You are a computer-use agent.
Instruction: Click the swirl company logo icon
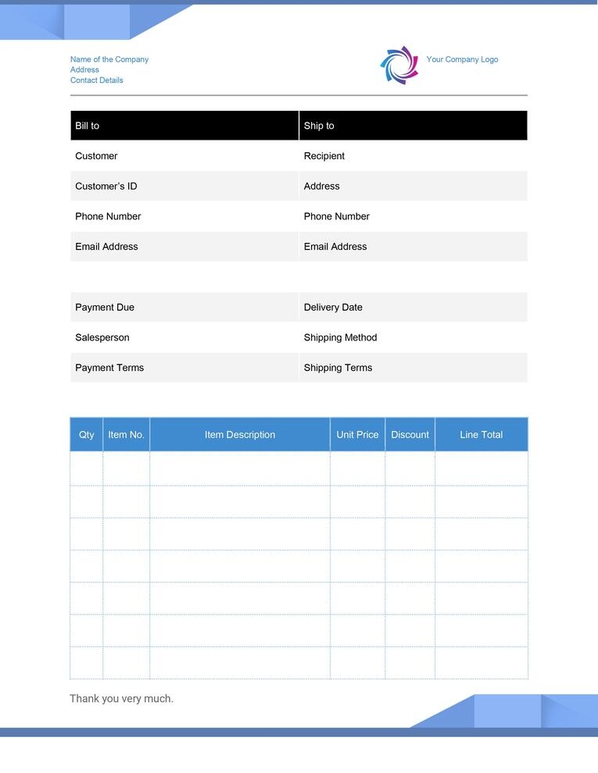coord(399,65)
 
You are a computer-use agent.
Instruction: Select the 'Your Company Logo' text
coord(462,59)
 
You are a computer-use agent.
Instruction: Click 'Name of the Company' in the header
coord(109,59)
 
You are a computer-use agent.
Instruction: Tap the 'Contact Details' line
coord(97,80)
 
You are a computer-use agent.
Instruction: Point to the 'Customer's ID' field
coord(106,186)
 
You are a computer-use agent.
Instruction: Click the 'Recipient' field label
coord(324,156)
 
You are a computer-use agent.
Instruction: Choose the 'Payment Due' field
coord(105,307)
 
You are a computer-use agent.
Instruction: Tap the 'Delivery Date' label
coord(333,307)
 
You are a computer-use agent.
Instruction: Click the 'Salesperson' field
coord(102,337)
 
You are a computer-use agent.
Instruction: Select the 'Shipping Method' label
coord(340,337)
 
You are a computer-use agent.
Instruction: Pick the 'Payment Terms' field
coord(109,368)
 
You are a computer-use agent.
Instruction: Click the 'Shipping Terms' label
coord(338,368)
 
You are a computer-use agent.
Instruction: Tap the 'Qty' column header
coord(87,435)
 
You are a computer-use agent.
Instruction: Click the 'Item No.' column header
coord(126,435)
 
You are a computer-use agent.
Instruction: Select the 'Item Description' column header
coord(240,435)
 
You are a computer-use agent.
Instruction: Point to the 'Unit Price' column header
coord(357,435)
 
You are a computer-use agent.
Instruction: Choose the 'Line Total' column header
coord(481,435)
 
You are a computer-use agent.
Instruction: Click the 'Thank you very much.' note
coord(122,699)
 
